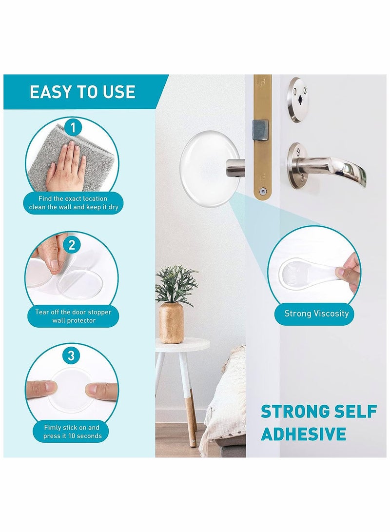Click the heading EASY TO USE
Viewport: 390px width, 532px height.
click(x=82, y=92)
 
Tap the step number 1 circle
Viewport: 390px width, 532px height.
click(x=73, y=129)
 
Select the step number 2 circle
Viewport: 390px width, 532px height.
click(x=72, y=245)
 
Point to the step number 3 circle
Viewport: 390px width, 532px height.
click(x=72, y=356)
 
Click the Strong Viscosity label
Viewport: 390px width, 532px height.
click(x=316, y=313)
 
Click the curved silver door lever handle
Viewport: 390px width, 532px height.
click(x=336, y=168)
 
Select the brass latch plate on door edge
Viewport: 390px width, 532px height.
click(x=263, y=136)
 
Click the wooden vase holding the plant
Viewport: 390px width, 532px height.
click(x=172, y=322)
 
